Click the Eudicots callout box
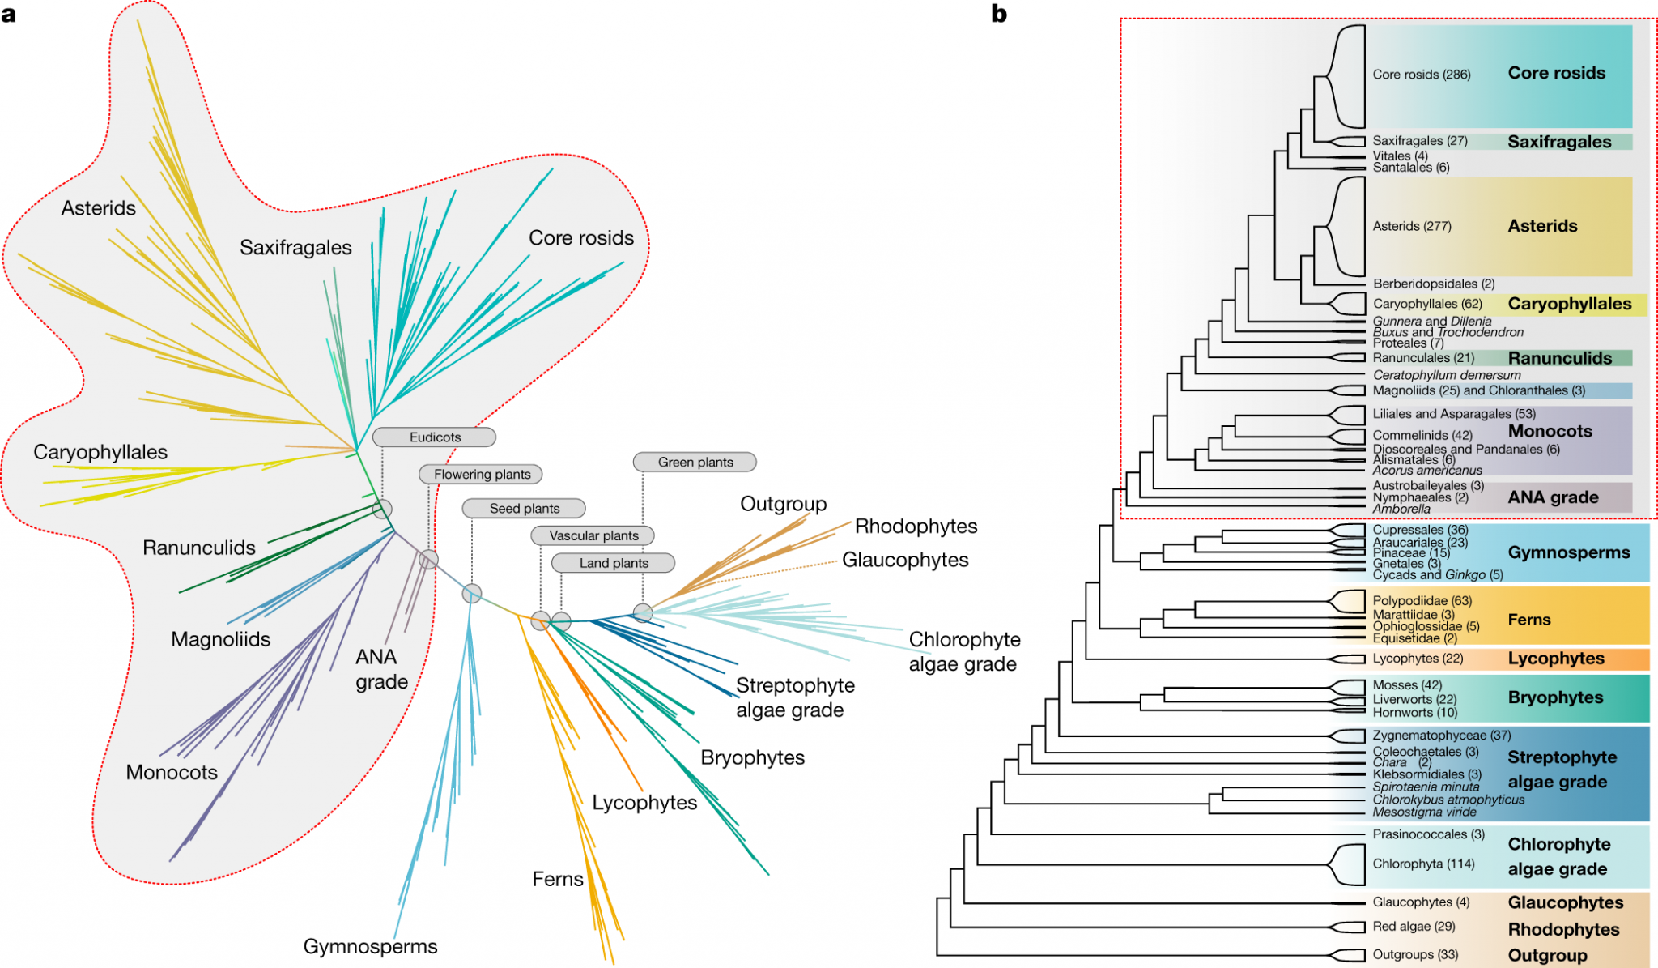[434, 437]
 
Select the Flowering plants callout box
[482, 475]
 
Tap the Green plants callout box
[695, 463]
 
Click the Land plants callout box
[613, 563]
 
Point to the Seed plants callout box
[524, 509]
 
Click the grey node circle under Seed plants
[472, 594]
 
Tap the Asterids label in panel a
[99, 208]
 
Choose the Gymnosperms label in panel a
[370, 946]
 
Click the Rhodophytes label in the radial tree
[916, 527]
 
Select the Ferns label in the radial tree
[557, 879]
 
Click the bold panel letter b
[999, 14]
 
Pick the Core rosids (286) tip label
[1421, 75]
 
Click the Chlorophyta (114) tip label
[1423, 864]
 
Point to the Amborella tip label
[1401, 510]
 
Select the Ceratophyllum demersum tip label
[1446, 375]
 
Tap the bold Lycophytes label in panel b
[1555, 659]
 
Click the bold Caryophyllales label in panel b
[1569, 304]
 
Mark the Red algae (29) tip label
[1414, 927]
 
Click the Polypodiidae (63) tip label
[1422, 601]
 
